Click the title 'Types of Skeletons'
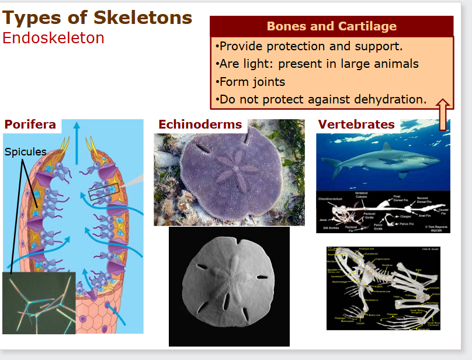[97, 18]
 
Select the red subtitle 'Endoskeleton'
[53, 38]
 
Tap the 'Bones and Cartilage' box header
[331, 26]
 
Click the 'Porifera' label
[30, 124]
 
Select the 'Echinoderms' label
[200, 124]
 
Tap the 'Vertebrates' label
[356, 124]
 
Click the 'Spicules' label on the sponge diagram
[25, 152]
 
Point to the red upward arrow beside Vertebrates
[442, 115]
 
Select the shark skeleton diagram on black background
[383, 212]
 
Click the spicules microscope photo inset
[39, 303]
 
